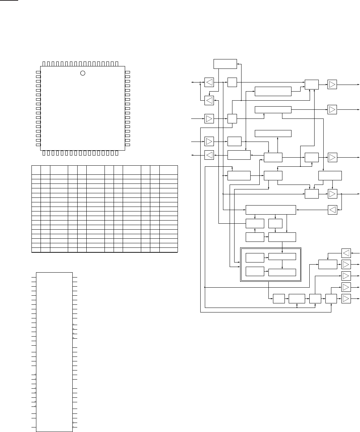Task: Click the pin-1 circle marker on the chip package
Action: [83, 73]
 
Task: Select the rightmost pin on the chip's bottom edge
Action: [117, 153]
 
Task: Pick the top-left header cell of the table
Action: [36, 170]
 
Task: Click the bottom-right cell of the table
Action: [168, 250]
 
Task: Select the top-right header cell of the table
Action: [168, 170]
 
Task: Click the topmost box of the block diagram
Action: [225, 64]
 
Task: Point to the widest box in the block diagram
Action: [271, 210]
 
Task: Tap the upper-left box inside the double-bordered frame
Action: [255, 258]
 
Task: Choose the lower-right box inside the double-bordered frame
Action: [282, 272]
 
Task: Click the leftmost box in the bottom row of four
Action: [279, 299]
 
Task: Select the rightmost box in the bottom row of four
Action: [331, 299]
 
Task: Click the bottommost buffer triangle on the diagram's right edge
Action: [346, 299]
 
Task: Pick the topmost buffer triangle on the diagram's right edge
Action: [332, 84]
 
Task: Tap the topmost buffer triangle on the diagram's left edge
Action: [209, 82]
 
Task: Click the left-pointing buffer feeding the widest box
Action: [332, 210]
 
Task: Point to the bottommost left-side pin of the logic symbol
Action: [34, 427]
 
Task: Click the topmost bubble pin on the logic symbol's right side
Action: [73, 325]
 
